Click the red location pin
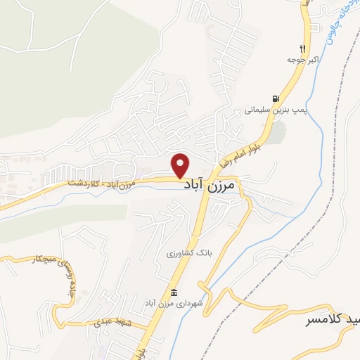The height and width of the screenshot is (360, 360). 181,165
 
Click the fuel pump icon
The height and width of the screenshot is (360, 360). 274,99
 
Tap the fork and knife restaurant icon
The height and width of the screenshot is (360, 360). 303,49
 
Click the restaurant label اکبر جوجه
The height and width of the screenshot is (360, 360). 303,60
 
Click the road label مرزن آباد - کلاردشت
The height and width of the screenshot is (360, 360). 106,182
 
